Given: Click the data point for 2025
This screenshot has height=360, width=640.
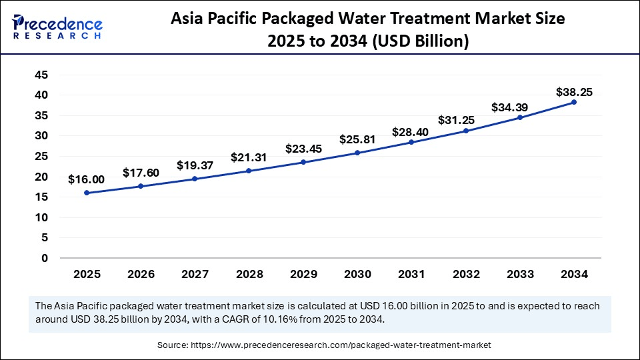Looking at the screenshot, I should point(87,193).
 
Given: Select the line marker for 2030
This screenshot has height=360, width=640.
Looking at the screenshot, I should point(357,153).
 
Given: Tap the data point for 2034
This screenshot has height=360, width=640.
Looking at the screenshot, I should point(573,102).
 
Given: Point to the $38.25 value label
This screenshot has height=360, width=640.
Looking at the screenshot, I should point(574,92).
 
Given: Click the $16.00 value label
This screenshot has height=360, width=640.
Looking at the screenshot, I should point(86,179).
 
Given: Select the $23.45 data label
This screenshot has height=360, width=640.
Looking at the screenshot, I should point(303,149).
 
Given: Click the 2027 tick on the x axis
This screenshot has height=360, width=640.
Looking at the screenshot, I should point(195,274).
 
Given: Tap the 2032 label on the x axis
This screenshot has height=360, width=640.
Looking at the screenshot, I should point(465,274).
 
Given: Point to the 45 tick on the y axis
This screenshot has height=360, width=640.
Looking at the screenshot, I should point(41,75).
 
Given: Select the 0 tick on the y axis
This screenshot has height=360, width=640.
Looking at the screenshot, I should point(45,258).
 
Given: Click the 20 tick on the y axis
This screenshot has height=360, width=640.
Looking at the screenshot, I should point(41,177).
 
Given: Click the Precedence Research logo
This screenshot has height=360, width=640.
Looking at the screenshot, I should point(57,27).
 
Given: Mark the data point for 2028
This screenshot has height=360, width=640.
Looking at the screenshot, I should point(249,171).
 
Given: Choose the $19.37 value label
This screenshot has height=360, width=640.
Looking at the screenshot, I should point(195,165).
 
